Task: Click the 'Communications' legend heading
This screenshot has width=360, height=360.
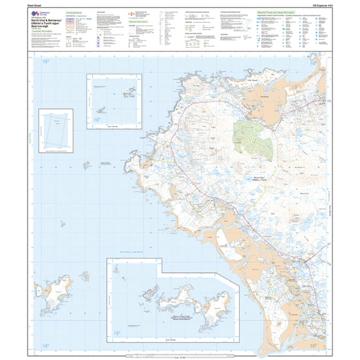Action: [79, 12]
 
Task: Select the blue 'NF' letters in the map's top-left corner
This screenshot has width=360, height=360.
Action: [46, 62]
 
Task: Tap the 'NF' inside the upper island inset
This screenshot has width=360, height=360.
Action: [97, 120]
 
